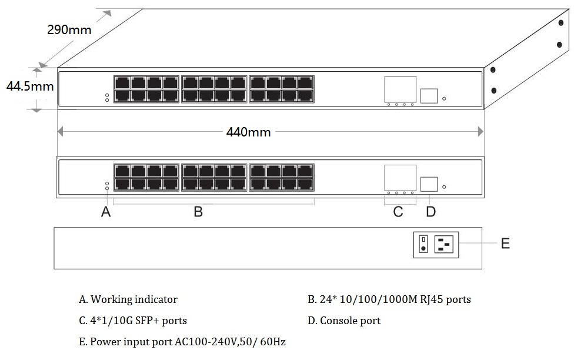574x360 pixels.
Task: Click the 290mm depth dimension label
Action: coord(69,29)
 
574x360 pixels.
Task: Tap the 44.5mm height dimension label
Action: coord(30,86)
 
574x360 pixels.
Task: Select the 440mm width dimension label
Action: coord(249,132)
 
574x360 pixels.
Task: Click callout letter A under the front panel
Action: coord(106,212)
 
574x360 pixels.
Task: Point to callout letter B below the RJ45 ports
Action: coord(198,212)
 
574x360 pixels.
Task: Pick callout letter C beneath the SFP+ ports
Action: coord(398,212)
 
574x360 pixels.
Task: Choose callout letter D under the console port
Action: coord(431,212)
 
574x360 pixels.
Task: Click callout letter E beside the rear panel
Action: coord(505,244)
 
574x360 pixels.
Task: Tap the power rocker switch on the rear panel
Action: coord(423,244)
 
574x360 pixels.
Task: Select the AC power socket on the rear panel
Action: coord(443,244)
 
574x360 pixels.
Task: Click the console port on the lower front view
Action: coord(429,184)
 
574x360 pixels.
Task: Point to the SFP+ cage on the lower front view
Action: coord(400,178)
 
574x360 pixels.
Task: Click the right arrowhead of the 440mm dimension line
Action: coord(480,132)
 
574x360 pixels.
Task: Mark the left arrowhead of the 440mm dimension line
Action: coord(61,132)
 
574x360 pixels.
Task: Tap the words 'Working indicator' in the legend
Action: coord(134,299)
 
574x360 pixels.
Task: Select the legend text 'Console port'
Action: coord(351,321)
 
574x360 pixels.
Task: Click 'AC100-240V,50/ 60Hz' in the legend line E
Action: coord(230,342)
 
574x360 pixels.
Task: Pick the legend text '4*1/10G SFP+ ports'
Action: coord(138,321)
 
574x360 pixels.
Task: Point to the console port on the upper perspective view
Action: coord(429,96)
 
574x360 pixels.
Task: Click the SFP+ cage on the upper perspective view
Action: coord(400,89)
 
